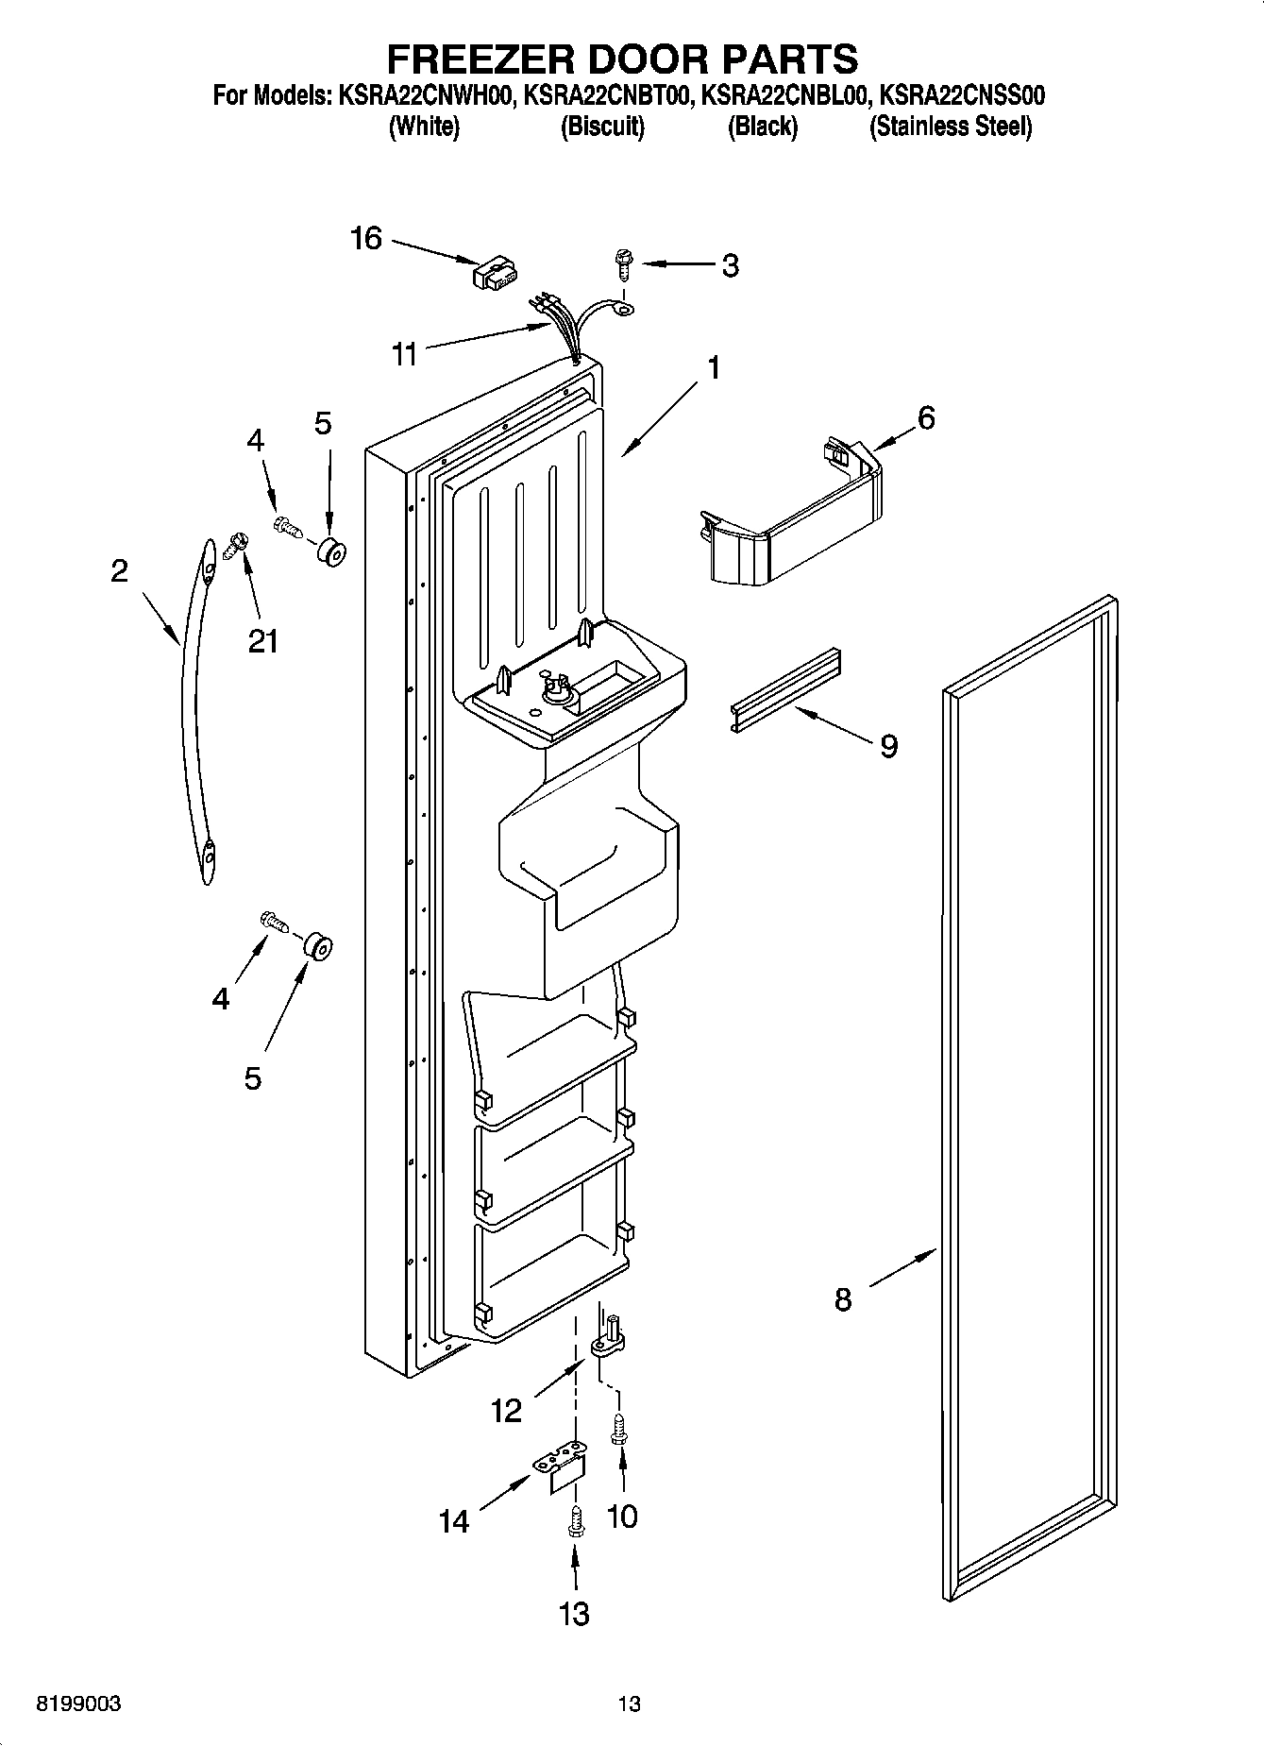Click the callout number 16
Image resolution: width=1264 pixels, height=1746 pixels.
pos(366,239)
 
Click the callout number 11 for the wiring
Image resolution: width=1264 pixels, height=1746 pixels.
pos(404,356)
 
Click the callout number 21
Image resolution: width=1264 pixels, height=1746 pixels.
pos(262,641)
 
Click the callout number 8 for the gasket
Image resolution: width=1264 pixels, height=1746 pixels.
pos(843,1299)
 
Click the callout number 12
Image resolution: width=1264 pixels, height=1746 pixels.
pos(507,1411)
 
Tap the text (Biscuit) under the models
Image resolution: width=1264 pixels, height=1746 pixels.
pos(602,127)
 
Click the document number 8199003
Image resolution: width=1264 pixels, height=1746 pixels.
pos(78,1704)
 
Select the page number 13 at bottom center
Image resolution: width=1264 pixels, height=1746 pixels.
pos(630,1704)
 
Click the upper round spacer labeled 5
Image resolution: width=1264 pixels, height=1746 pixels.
pos(329,552)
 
